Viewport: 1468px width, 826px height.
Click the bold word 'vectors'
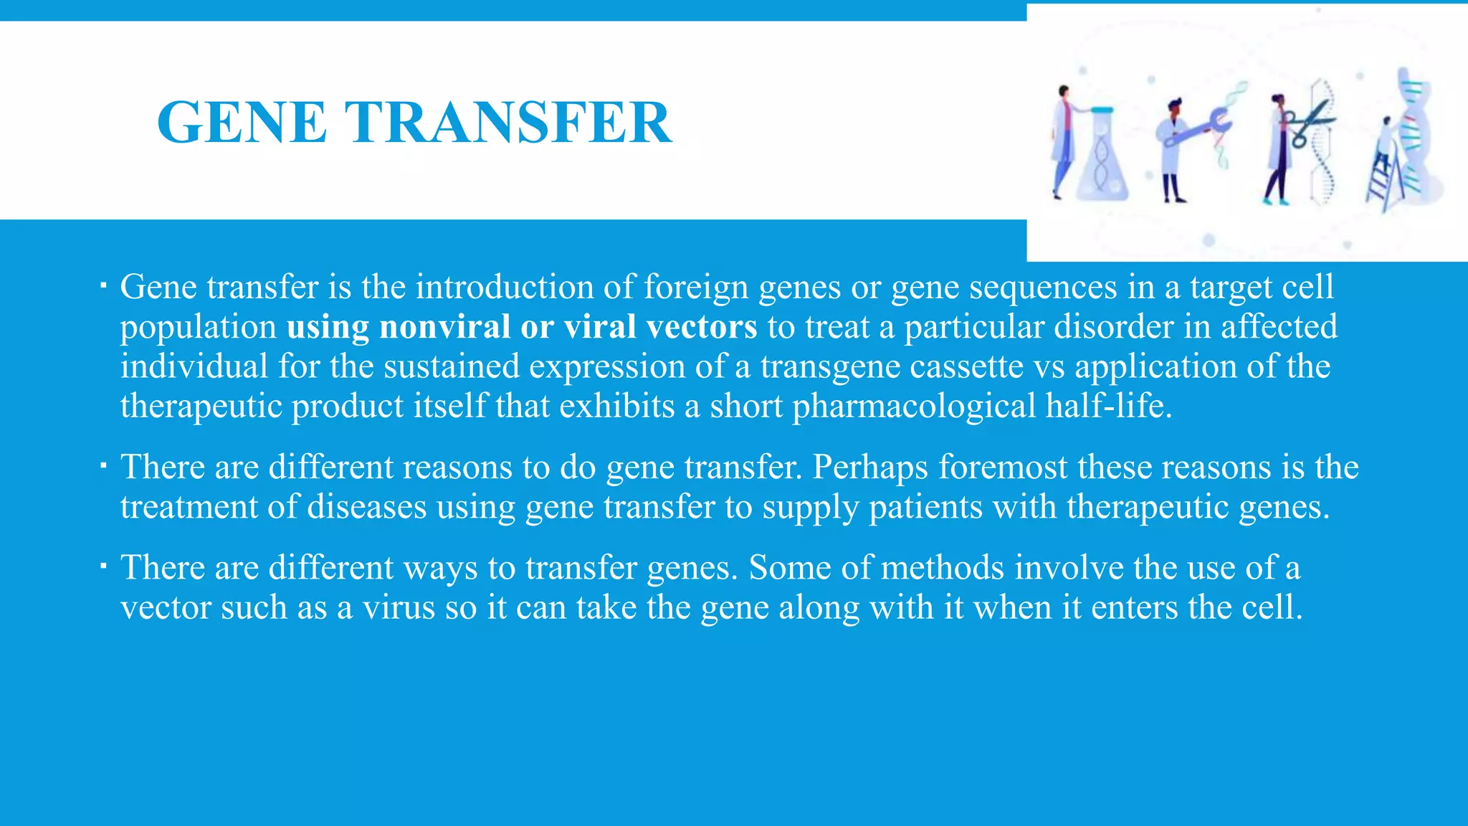701,327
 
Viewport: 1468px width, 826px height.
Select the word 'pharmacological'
914,407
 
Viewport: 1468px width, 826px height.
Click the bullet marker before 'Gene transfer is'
103,288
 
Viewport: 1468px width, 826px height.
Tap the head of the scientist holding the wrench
1173,109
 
